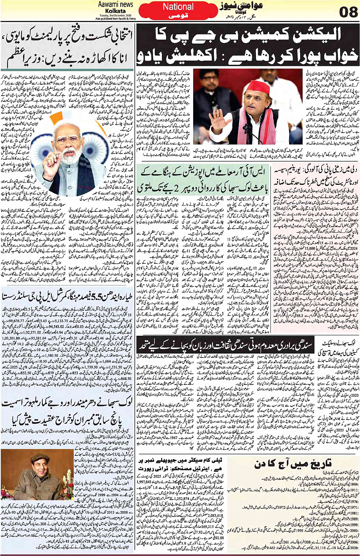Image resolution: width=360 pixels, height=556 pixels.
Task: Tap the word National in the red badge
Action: tap(178, 7)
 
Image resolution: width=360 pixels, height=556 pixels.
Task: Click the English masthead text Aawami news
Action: tap(115, 5)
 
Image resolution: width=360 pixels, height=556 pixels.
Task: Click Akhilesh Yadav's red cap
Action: tap(253, 87)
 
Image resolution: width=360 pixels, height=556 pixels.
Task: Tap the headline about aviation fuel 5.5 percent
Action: tap(67, 301)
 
